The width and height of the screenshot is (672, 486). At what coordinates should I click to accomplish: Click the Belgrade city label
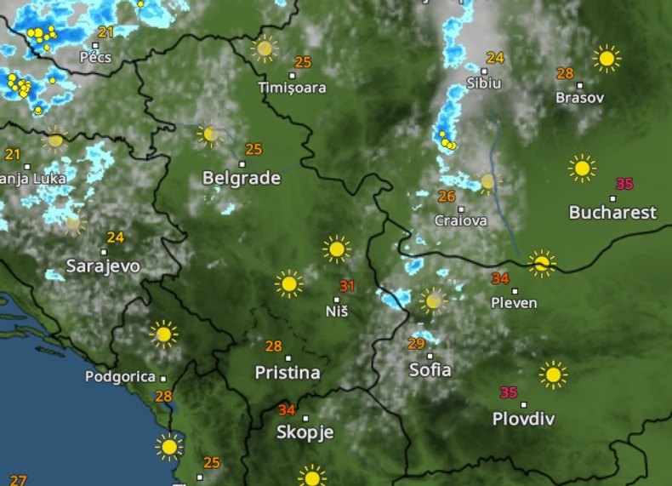click(x=242, y=178)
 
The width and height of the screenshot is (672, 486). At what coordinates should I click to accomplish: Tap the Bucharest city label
click(x=612, y=212)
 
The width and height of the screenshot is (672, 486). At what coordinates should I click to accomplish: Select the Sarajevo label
click(x=103, y=266)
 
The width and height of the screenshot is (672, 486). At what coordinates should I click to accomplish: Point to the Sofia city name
click(x=430, y=370)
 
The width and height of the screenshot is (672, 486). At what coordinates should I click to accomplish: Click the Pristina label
click(x=288, y=373)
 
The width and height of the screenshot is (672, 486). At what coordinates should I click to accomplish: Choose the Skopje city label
click(x=303, y=432)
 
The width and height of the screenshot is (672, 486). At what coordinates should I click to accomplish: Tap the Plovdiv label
click(x=524, y=419)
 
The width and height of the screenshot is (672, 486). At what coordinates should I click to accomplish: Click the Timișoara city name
click(x=293, y=88)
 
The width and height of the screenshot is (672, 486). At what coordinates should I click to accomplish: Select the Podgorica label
click(x=120, y=377)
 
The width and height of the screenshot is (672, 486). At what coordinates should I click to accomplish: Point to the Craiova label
click(x=461, y=221)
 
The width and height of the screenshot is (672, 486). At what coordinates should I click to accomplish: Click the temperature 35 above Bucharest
click(x=624, y=184)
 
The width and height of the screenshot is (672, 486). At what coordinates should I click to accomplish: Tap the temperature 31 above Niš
click(x=346, y=286)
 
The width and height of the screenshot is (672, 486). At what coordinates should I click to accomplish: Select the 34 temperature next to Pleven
click(x=500, y=278)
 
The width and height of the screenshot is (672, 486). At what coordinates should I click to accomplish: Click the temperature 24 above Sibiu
click(x=495, y=59)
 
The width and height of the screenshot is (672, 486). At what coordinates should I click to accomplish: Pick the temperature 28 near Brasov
click(x=565, y=73)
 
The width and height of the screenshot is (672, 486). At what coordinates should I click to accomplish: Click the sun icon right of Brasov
click(x=607, y=59)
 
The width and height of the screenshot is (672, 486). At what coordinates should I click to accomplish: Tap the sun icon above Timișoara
click(x=265, y=49)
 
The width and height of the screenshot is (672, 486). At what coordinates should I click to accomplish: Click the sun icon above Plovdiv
click(x=553, y=374)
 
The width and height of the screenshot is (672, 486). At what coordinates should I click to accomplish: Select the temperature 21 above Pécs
click(x=105, y=32)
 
